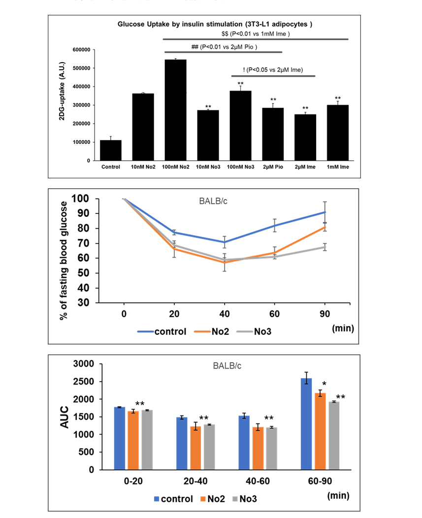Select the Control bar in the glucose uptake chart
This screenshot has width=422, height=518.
coord(111,150)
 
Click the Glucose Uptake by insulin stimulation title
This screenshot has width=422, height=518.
coord(215,24)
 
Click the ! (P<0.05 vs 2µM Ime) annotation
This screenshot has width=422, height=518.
coord(273,70)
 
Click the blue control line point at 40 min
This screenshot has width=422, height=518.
coord(224,242)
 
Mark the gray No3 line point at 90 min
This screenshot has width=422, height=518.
coord(325,247)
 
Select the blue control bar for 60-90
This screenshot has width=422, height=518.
coord(306,424)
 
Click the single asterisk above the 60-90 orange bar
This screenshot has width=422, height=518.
coord(325,384)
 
